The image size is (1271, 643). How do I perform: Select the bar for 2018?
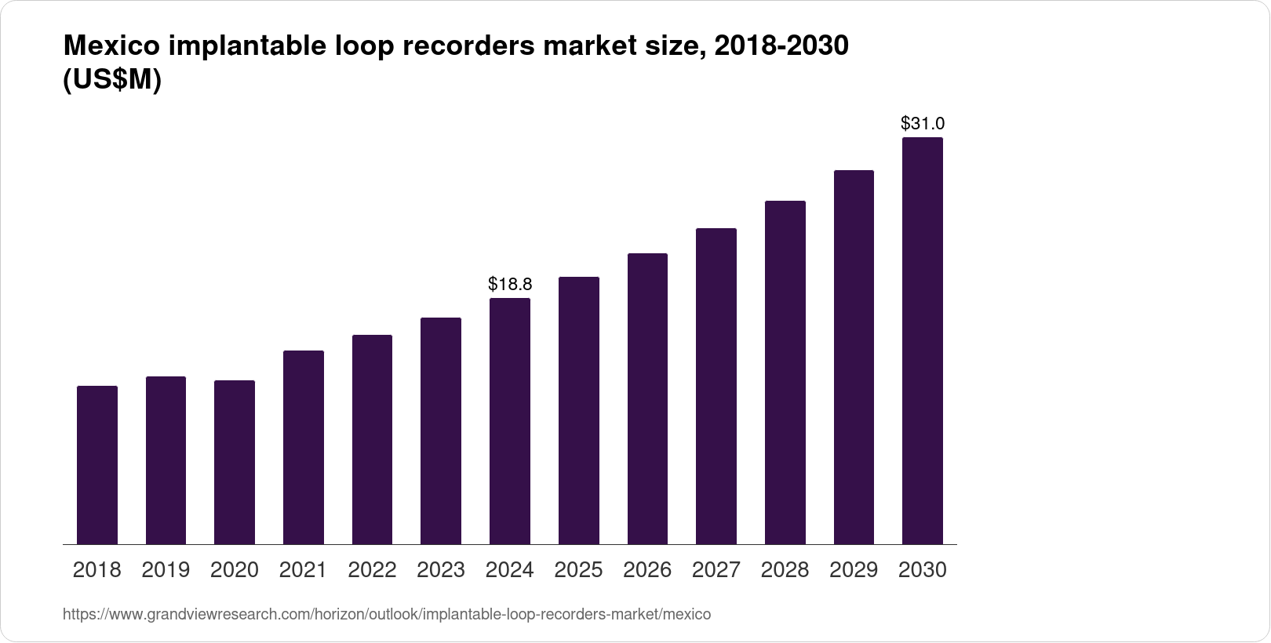97,465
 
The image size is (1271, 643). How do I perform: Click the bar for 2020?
235,463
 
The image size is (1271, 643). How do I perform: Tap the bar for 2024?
510,421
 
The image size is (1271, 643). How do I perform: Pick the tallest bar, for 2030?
923,341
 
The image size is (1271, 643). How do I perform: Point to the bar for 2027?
716,387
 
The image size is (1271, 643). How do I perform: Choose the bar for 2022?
372,440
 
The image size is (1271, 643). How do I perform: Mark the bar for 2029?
854,358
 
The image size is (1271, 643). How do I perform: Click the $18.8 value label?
510,284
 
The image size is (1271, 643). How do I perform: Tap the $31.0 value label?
923,123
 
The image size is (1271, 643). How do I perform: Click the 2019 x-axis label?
166,570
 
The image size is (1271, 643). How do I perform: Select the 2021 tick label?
303,570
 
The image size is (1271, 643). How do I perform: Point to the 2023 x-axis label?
441,570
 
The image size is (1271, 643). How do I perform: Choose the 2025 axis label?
578,570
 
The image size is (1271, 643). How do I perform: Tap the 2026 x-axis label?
647,570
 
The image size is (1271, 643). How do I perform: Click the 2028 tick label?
785,570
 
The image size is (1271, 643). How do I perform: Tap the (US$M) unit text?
111,80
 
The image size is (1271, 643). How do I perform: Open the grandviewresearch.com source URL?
387,615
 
